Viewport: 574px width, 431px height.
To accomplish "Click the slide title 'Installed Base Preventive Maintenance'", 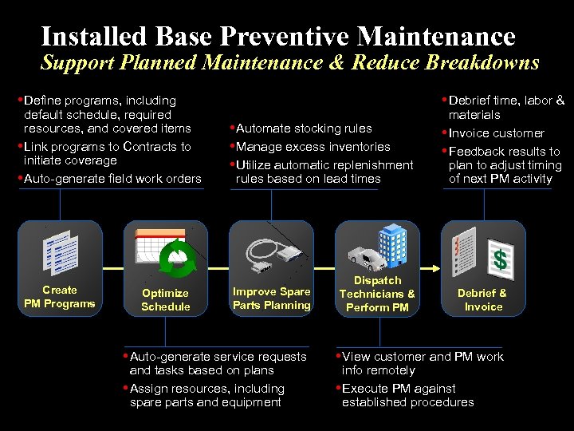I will [x=278, y=36].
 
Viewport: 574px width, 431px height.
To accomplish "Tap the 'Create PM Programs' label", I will [x=59, y=296].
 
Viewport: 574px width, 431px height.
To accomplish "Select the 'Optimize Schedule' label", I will [x=165, y=299].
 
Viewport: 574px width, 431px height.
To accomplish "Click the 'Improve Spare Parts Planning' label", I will [x=271, y=298].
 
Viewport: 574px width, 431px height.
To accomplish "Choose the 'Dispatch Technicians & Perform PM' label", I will [x=377, y=294].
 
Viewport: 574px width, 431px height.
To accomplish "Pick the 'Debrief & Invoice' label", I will [x=483, y=299].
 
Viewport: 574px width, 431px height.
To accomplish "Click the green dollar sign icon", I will [x=500, y=259].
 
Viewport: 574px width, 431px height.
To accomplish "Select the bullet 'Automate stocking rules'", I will [x=304, y=129].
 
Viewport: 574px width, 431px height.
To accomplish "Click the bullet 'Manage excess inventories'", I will [x=313, y=147].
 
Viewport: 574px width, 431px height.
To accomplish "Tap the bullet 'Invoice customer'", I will [x=496, y=133].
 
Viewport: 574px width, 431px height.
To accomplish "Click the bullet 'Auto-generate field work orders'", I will [x=112, y=179].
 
